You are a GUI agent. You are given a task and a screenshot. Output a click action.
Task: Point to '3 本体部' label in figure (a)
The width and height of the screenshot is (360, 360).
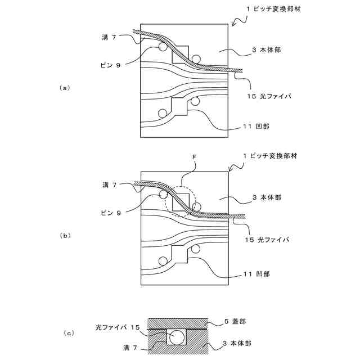[267, 50]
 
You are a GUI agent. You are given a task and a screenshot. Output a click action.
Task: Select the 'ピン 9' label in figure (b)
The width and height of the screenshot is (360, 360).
[110, 212]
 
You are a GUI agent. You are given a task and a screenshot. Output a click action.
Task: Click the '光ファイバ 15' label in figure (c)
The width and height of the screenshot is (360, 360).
[117, 327]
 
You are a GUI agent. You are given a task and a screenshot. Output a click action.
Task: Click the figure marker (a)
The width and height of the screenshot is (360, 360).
[65, 88]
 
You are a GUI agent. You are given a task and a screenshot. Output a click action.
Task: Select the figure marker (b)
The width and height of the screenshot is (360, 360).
[65, 236]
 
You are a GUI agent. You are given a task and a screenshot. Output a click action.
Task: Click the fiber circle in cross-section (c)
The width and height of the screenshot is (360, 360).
[177, 337]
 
